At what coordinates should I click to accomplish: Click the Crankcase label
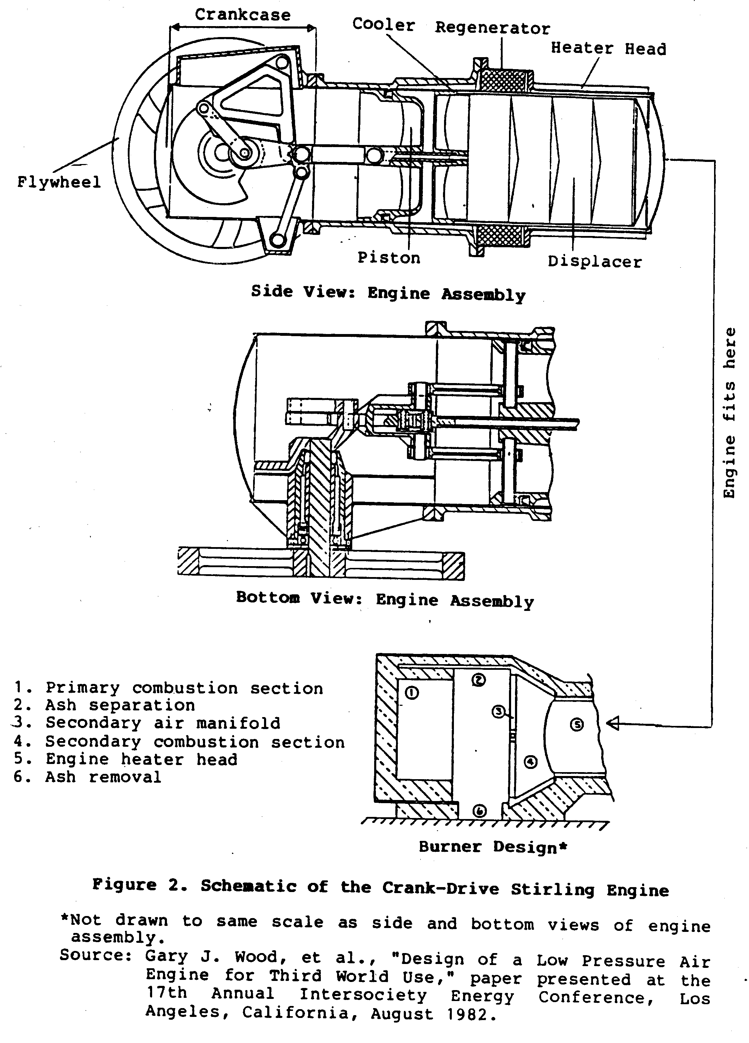[242, 15]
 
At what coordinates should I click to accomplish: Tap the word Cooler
[383, 24]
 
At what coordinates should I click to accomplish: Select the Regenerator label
[492, 29]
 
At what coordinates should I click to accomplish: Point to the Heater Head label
[608, 48]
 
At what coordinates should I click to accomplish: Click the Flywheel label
[59, 183]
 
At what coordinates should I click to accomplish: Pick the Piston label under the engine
[389, 258]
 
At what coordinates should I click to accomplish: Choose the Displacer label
[594, 262]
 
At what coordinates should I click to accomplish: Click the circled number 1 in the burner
[412, 693]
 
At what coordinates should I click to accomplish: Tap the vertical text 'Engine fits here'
[730, 413]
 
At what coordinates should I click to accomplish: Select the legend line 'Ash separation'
[120, 705]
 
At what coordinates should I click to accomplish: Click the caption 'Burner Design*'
[493, 847]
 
